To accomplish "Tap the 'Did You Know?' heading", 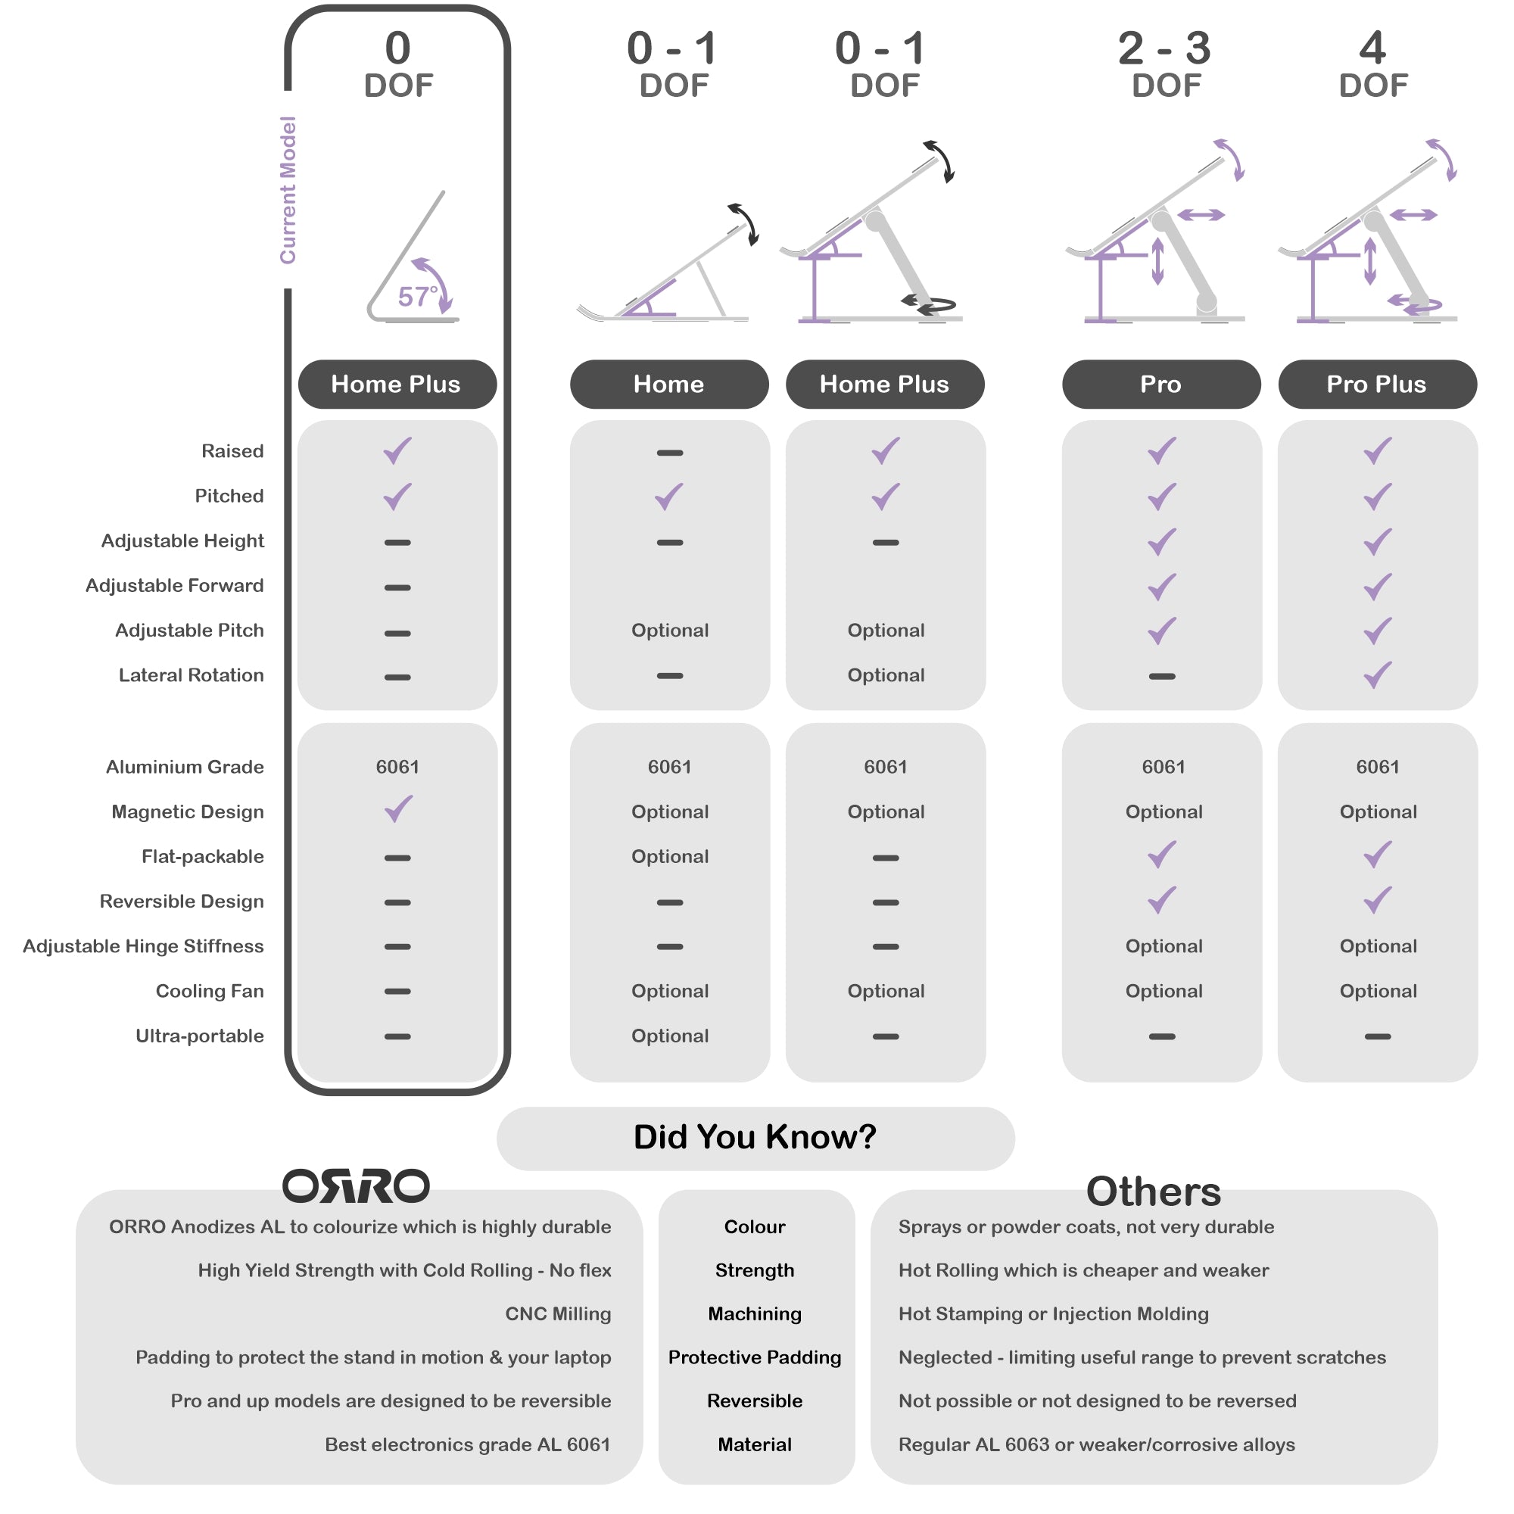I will pos(755,1137).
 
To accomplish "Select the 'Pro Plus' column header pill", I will pos(1377,384).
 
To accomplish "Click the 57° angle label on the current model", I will pos(417,296).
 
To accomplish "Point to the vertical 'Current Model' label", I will pos(288,190).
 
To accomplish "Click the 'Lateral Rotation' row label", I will pos(191,675).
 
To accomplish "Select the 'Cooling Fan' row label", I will pos(209,992).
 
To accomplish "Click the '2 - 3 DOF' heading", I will pos(1164,64).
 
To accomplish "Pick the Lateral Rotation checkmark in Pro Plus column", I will pos(1377,674).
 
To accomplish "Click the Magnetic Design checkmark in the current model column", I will pos(398,809).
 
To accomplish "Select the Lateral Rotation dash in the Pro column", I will pos(1161,676).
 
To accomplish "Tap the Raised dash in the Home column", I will pos(669,453).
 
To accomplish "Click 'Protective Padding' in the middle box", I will pos(755,1357).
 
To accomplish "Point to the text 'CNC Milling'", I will pos(557,1313).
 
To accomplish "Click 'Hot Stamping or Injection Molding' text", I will pos(1053,1313).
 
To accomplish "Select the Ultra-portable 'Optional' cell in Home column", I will pos(669,1036).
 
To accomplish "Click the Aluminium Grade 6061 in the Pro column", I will pos(1163,767).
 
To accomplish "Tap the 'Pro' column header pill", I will pos(1160,384).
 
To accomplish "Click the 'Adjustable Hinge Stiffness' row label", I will pos(142,947).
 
